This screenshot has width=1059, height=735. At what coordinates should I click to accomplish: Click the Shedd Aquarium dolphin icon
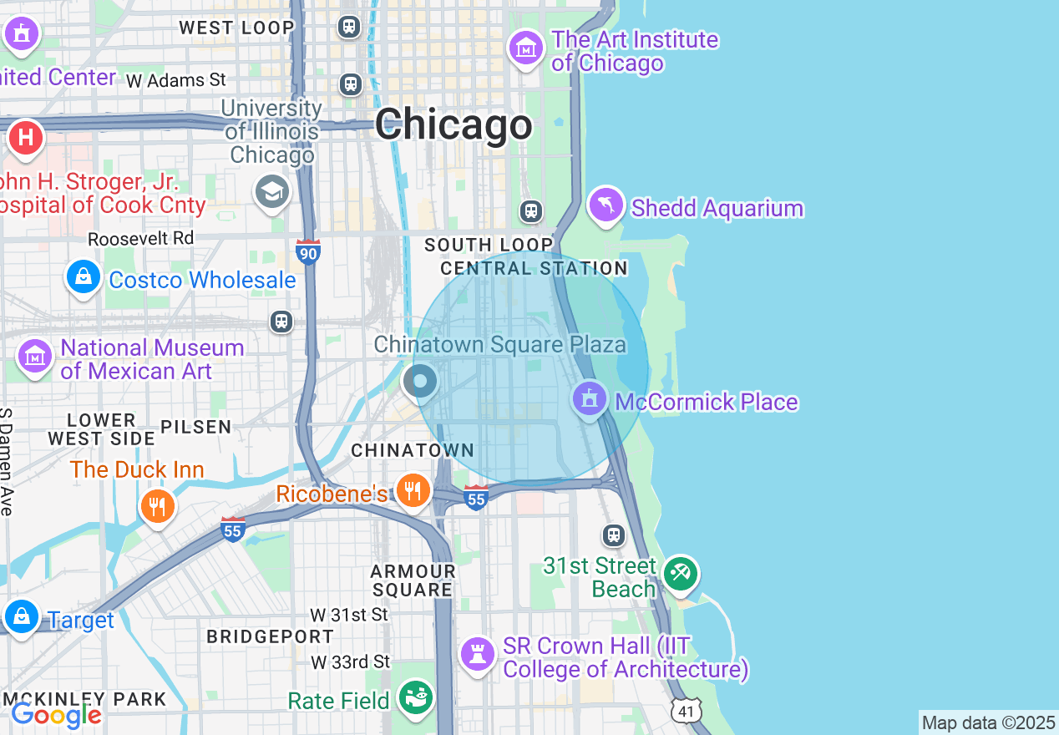[x=606, y=205]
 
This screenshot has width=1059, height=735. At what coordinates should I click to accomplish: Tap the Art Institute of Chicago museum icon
[x=525, y=48]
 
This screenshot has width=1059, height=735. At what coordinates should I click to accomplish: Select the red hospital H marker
[x=25, y=136]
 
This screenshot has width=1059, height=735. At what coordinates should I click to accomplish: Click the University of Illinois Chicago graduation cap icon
[x=271, y=192]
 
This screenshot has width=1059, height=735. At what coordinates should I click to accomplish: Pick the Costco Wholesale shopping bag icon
[x=84, y=276]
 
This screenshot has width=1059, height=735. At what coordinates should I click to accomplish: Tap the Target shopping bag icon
[x=21, y=616]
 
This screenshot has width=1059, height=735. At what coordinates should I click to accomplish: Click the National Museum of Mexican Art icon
[x=35, y=357]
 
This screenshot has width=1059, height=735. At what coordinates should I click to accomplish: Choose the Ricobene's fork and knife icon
[x=413, y=490]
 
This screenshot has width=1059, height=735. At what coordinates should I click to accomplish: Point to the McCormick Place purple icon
[x=590, y=398]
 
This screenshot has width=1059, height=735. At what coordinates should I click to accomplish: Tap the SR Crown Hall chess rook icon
[x=477, y=654]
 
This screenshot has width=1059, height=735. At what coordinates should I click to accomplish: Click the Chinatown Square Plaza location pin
[x=420, y=382]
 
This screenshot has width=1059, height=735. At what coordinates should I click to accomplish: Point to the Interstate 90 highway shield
[x=308, y=251]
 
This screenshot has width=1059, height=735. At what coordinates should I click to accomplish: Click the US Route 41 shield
[x=686, y=711]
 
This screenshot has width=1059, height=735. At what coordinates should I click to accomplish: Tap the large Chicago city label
[x=453, y=125]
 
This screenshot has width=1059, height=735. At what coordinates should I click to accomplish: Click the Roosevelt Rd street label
[x=140, y=239]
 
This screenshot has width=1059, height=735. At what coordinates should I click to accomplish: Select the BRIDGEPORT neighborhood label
[x=270, y=636]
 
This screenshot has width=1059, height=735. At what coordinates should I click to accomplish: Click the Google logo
[x=56, y=715]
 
